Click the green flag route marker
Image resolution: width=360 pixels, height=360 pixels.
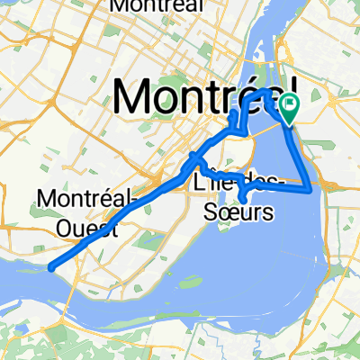click(x=290, y=107)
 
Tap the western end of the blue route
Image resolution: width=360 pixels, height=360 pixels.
click(x=52, y=267)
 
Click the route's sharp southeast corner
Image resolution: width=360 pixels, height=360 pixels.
click(x=311, y=190)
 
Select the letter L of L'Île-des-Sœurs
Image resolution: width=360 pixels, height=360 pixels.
click(x=199, y=184)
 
